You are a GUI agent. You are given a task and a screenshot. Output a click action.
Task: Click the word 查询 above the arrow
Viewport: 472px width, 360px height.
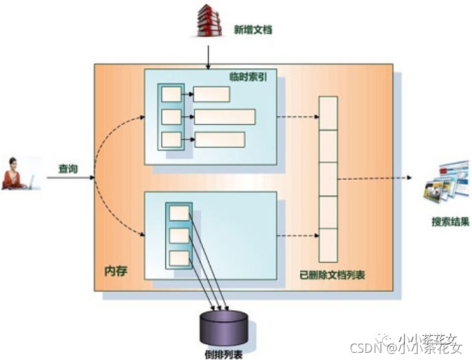click(x=68, y=169)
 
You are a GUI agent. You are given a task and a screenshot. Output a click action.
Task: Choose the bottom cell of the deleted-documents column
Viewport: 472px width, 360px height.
click(x=328, y=245)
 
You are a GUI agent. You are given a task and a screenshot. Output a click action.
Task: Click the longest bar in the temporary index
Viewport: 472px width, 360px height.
click(x=224, y=117)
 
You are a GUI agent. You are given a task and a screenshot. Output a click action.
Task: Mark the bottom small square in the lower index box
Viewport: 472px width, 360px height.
click(x=178, y=257)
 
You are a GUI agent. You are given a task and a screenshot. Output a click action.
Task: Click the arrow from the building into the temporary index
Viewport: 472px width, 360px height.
click(x=208, y=55)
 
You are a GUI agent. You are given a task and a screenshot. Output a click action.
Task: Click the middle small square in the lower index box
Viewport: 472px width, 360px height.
click(x=178, y=235)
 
